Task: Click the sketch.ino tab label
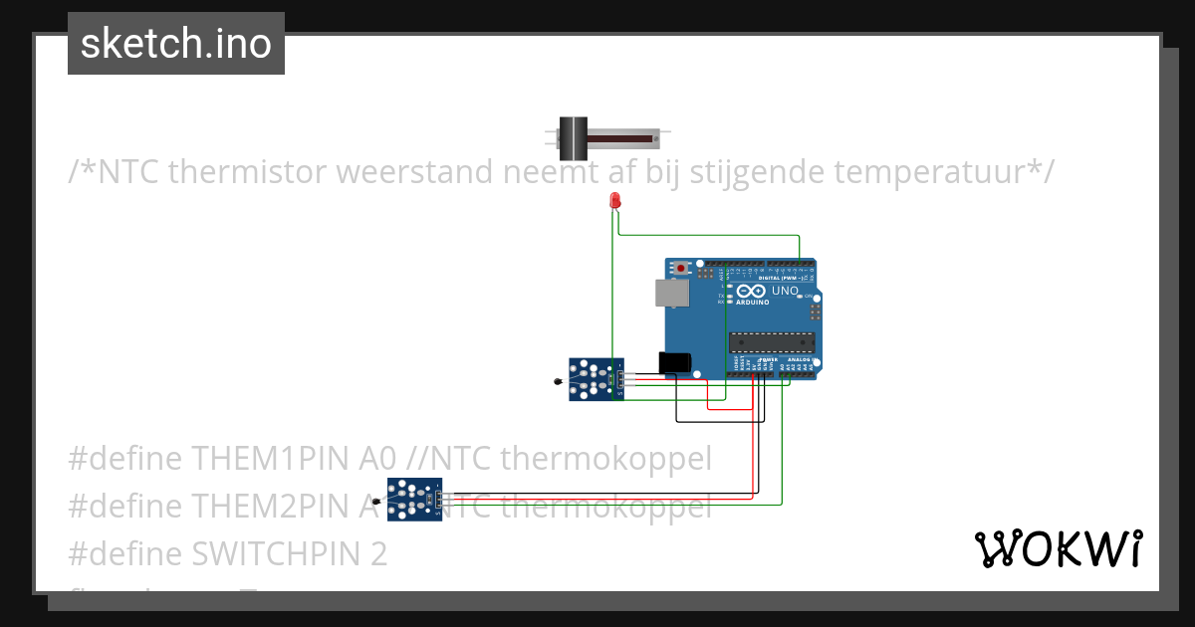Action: coord(176,44)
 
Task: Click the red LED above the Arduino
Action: coord(614,201)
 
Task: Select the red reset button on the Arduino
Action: coord(681,269)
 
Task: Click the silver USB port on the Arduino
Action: coord(670,293)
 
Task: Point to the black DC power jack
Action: coord(675,362)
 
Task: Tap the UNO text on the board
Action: coord(785,291)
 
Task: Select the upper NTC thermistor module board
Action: coord(596,379)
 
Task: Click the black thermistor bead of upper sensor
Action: coord(557,380)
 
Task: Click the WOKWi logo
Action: coord(1058,548)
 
